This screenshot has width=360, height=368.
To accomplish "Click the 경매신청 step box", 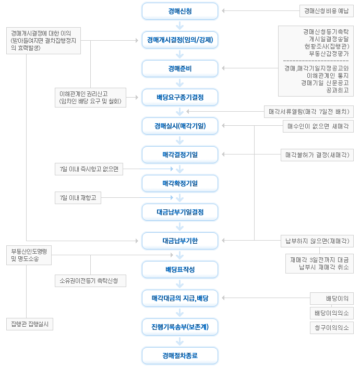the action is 180,11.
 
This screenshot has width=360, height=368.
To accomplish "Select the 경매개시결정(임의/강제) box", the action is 180,40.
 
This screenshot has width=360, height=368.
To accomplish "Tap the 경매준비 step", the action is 180,68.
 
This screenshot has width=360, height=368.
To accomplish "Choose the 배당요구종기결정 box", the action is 180,97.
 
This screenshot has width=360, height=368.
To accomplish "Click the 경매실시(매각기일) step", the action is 180,126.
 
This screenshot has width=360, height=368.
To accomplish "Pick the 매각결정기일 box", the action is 180,155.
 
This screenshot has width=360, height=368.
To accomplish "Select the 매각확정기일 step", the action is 180,183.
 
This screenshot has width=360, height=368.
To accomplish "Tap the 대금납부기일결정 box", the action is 180,212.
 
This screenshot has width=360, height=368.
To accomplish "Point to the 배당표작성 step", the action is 180,269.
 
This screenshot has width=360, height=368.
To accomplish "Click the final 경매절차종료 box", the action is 180,355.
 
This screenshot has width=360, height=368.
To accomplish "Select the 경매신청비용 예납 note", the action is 327,11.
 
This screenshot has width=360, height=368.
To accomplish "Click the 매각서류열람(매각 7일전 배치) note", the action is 309,112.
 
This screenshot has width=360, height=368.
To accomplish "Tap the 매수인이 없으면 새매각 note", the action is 318,126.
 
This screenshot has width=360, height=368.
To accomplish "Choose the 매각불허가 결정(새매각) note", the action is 317,155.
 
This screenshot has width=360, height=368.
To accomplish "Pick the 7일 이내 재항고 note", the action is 78,198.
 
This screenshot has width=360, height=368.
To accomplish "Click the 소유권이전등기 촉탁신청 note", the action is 90,281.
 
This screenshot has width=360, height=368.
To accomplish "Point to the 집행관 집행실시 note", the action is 30,324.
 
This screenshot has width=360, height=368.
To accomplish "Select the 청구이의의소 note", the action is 332,328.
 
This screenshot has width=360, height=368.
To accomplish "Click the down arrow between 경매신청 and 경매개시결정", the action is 180,26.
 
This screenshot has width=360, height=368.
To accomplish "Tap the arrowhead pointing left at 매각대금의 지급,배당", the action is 223,298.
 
